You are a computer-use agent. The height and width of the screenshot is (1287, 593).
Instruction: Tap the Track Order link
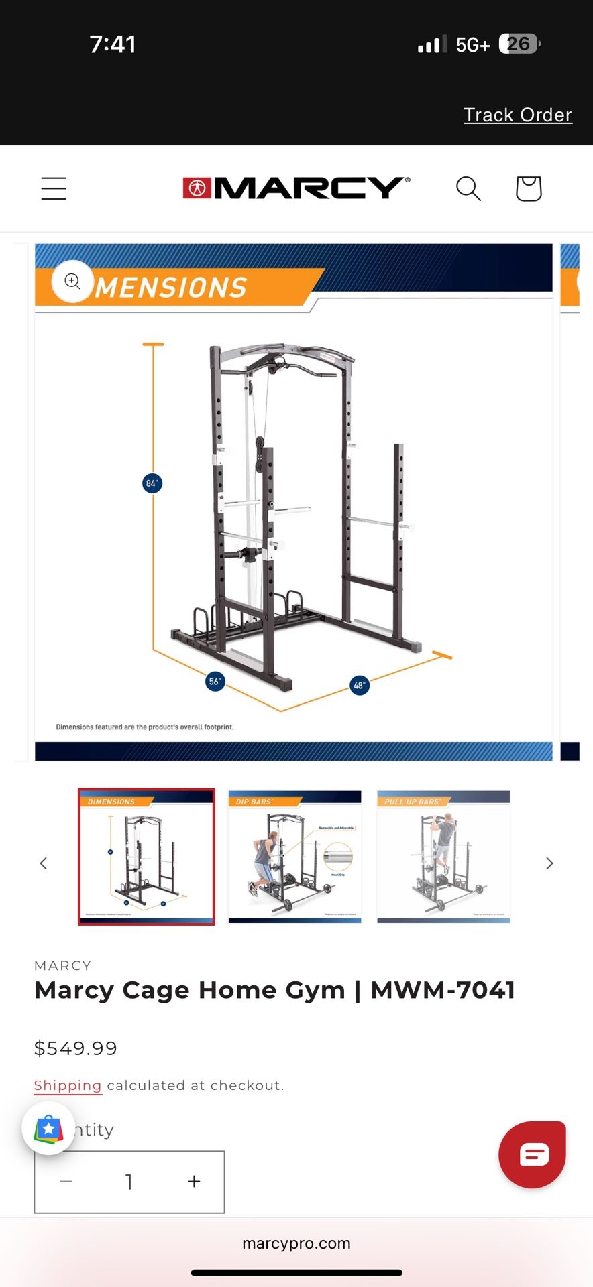coord(517,115)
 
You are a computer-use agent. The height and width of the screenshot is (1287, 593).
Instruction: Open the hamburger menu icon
coord(54,188)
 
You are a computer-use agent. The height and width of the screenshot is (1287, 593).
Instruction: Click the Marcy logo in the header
coord(296,188)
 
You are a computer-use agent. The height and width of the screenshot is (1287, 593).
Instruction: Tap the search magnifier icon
coord(468,188)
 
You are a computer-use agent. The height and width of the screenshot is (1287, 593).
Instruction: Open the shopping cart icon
coord(528,188)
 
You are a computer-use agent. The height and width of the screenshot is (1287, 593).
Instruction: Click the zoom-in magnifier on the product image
coord(72,281)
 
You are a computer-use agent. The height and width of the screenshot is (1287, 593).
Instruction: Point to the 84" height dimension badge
coord(152,483)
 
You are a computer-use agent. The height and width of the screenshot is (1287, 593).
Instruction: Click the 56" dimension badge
coord(215,682)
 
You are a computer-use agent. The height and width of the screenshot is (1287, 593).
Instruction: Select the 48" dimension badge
coord(360,685)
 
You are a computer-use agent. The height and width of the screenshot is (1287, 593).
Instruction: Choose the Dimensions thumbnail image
coord(146,857)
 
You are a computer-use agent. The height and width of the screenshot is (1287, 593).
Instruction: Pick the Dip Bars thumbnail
coord(295,857)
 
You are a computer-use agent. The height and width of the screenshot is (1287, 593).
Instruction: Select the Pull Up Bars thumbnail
coord(443,857)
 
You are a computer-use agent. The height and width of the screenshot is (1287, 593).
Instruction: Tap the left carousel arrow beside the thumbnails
coord(44,863)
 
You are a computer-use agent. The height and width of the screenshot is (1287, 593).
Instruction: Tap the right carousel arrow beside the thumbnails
coord(549,863)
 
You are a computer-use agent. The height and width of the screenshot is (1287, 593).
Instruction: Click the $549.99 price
coord(76,1048)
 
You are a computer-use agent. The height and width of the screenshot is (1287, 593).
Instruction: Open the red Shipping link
coord(68,1085)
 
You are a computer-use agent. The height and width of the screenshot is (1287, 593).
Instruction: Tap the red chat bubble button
coord(533,1154)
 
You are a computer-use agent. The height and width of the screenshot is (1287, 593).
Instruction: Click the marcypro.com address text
coord(296,1243)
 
